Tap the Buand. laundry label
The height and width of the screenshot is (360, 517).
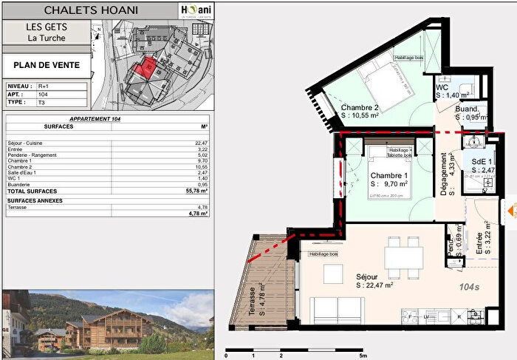[469, 108]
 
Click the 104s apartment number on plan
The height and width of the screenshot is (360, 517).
[469, 285]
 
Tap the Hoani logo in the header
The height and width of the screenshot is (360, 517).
[196, 10]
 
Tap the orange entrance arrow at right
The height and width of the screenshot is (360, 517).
[510, 211]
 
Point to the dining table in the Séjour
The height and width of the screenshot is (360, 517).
[403, 258]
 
